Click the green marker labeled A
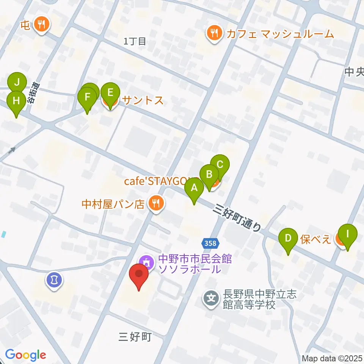point(194,188)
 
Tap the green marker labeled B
point(209,174)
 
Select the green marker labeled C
point(220,165)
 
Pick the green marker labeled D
point(288,238)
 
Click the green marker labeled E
point(110,93)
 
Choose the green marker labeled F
point(87,97)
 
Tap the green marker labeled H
point(16,101)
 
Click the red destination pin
point(139,274)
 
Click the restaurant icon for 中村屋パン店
point(155,204)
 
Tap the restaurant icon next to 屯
point(41,25)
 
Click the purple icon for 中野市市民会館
point(146,261)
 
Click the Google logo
point(25,355)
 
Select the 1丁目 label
point(135,41)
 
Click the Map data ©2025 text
point(332,358)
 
